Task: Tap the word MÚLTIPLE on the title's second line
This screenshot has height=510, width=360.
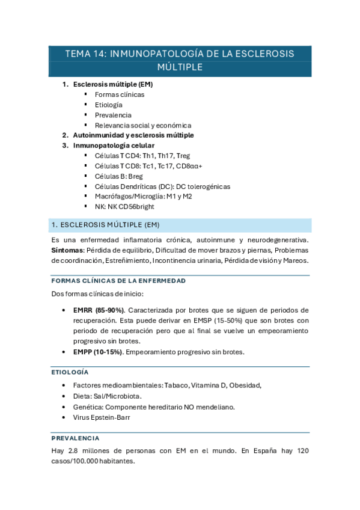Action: (x=179, y=67)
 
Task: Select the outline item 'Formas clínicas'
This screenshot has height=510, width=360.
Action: (x=120, y=94)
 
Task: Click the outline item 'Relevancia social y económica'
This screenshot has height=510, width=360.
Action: (x=143, y=125)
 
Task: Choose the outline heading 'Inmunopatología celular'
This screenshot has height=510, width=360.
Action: (x=114, y=146)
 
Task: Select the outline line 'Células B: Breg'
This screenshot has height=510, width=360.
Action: (x=119, y=176)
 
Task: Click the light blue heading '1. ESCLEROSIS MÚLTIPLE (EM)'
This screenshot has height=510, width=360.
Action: (x=105, y=226)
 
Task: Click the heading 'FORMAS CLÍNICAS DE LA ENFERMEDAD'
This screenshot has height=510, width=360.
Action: (x=118, y=281)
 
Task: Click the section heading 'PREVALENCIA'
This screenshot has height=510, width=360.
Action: (x=76, y=438)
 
